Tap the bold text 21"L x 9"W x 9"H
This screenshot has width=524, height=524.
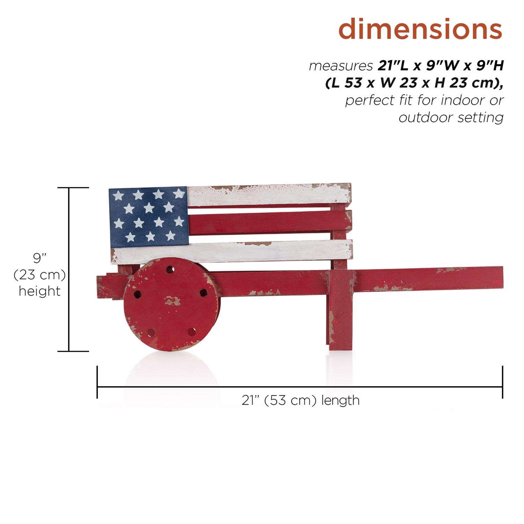441,66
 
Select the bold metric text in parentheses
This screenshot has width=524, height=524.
414,83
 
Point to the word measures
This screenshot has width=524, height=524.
341,66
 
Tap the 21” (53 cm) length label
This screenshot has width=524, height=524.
300,400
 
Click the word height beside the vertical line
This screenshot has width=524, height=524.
39,291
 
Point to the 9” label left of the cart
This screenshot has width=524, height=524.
39,259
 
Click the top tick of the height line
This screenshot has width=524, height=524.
73,188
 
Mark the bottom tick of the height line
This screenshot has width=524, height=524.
73,351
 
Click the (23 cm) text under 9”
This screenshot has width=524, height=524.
39,275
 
